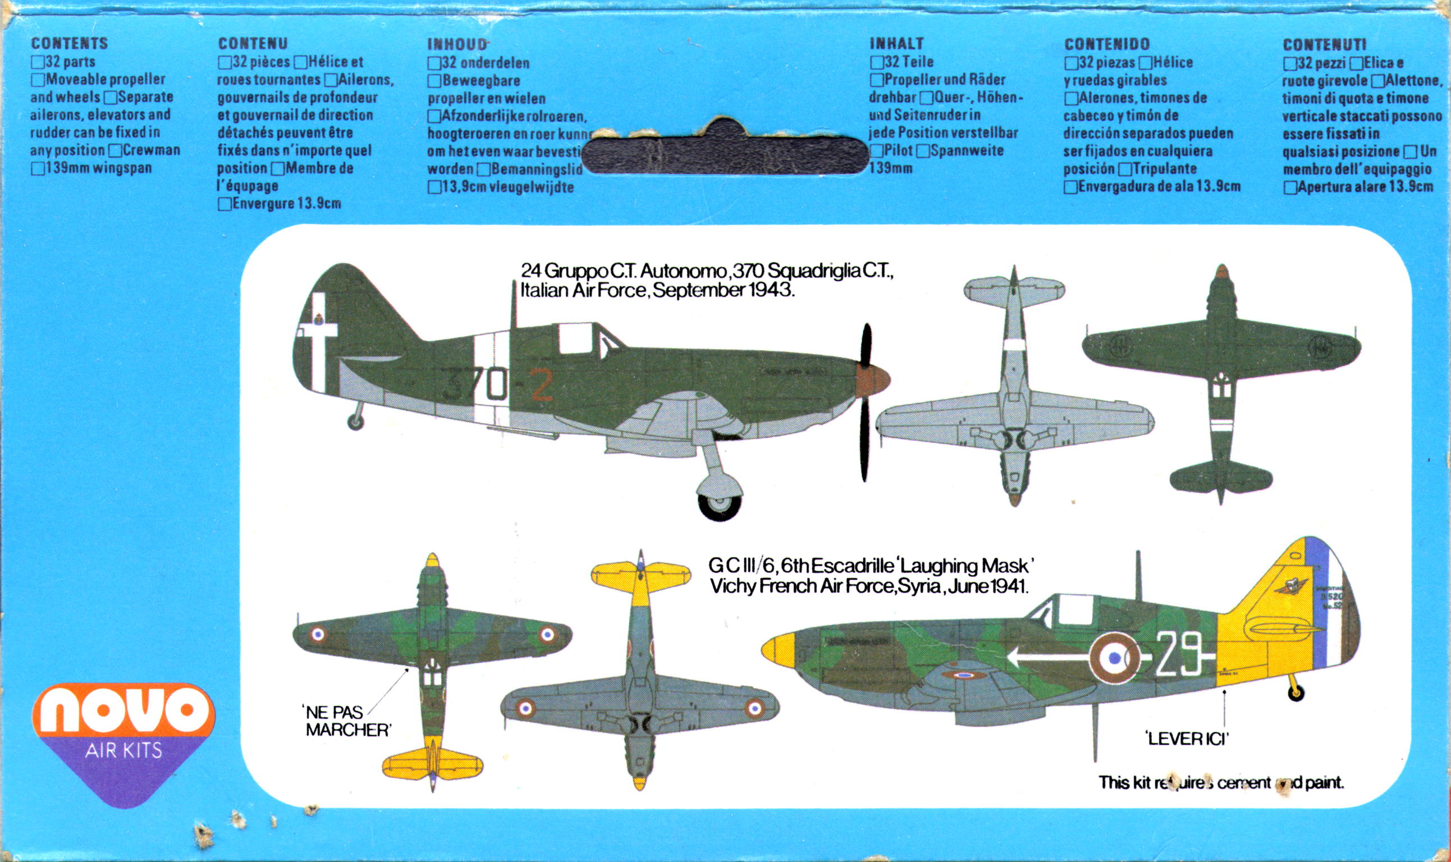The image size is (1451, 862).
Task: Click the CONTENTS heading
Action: click(69, 44)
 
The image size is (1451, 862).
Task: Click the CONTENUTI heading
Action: click(1324, 45)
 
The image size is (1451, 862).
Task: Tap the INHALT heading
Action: click(896, 44)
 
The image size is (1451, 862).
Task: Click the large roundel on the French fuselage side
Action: click(1114, 657)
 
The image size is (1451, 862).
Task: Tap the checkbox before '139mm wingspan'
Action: click(37, 169)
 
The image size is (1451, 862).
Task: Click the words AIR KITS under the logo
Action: click(123, 750)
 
